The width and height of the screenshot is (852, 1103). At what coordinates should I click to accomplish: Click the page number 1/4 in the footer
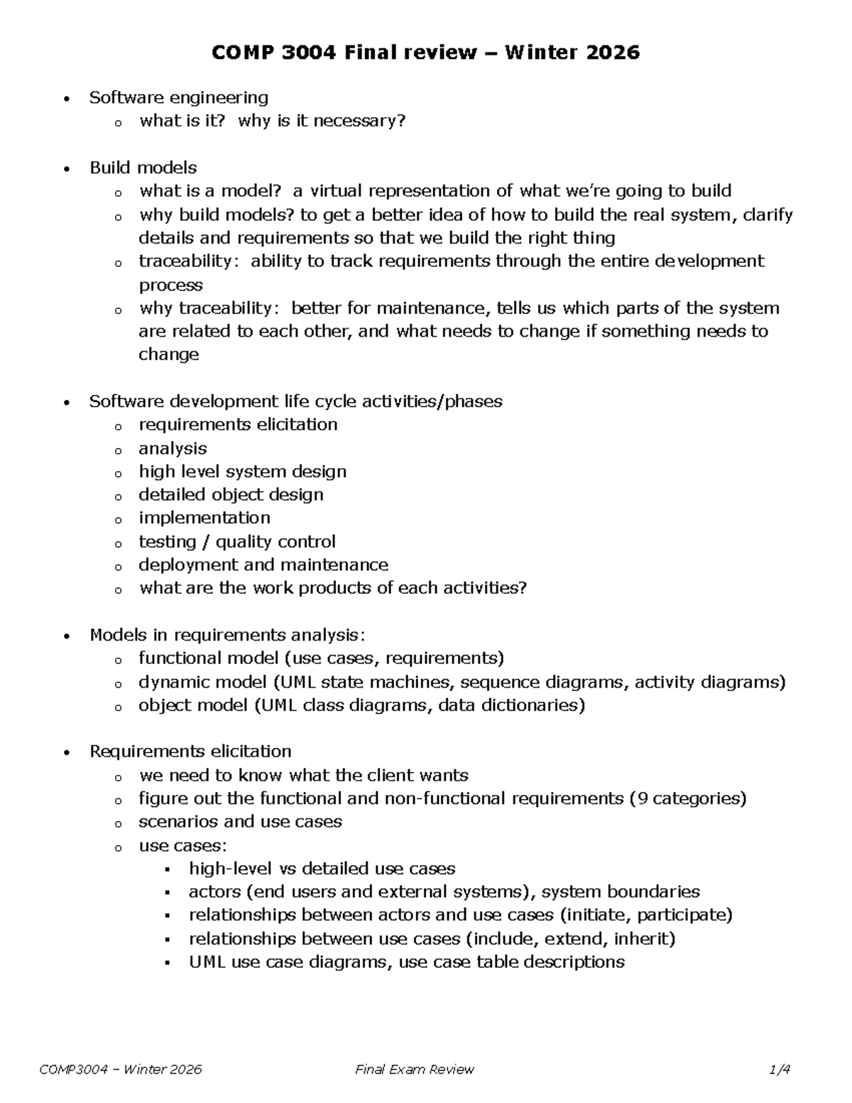pyautogui.click(x=780, y=1070)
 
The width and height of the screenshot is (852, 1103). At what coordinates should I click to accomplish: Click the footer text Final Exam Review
pyautogui.click(x=415, y=1070)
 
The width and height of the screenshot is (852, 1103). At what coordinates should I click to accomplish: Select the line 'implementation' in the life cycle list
pyautogui.click(x=204, y=518)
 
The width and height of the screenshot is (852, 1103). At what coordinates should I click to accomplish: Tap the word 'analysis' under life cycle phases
pyautogui.click(x=173, y=448)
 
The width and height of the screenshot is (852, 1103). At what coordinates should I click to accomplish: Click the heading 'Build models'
pyautogui.click(x=143, y=168)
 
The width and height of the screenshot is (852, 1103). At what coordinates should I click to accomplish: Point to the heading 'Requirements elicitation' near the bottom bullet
pyautogui.click(x=190, y=751)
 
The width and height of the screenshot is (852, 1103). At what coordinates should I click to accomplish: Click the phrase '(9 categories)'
pyautogui.click(x=687, y=798)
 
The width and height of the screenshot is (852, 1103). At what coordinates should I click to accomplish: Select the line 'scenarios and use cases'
pyautogui.click(x=240, y=822)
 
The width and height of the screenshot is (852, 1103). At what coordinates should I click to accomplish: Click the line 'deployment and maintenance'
pyautogui.click(x=263, y=565)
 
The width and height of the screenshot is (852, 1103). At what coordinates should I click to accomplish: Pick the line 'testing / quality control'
pyautogui.click(x=237, y=542)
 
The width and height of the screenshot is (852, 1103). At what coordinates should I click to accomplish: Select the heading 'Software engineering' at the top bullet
pyautogui.click(x=178, y=97)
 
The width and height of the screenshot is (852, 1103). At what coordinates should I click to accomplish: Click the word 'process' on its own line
pyautogui.click(x=170, y=286)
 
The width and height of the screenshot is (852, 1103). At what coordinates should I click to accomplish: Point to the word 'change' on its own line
pyautogui.click(x=168, y=354)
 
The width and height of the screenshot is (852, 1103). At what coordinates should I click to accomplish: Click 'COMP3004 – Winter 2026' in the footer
pyautogui.click(x=121, y=1070)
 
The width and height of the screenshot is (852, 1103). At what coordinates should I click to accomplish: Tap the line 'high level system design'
pyautogui.click(x=242, y=472)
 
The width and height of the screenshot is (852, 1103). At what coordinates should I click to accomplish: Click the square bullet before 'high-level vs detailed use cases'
pyautogui.click(x=168, y=870)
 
